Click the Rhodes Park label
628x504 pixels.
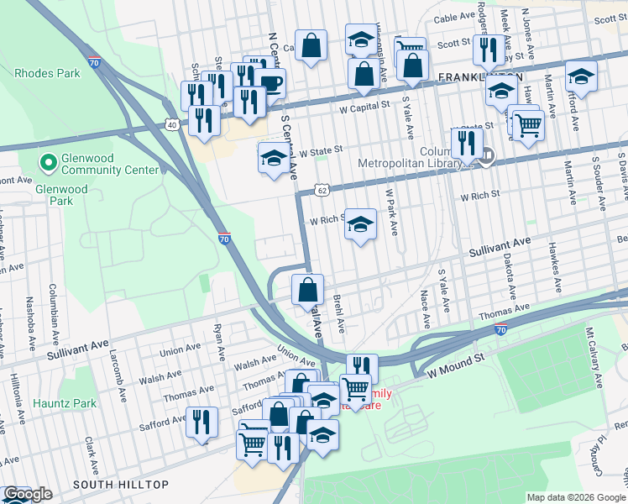tap(47, 73)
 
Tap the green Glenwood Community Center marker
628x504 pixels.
tap(49, 161)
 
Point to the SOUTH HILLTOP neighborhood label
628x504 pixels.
tap(120, 485)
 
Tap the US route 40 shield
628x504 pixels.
tap(172, 124)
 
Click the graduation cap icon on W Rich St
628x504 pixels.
tap(360, 224)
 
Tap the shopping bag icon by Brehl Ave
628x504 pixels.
tap(308, 290)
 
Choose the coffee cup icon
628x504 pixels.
tap(271, 83)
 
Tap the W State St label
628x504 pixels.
tap(316, 150)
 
